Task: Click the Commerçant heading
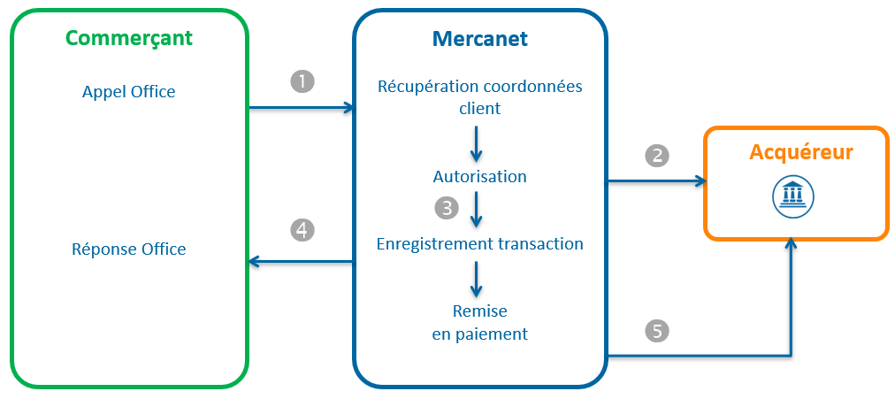(129, 38)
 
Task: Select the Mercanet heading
(479, 38)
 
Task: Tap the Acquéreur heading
(801, 152)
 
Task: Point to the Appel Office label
(128, 92)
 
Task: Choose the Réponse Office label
(128, 249)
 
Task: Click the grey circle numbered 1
(302, 81)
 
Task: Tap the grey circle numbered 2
(657, 156)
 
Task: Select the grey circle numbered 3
(447, 208)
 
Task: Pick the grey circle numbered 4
(302, 230)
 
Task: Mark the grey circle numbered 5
(657, 332)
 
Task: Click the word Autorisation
(479, 176)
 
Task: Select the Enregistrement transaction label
(479, 243)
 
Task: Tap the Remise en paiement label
(479, 322)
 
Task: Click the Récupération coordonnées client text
(479, 97)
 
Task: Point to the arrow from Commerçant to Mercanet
(301, 108)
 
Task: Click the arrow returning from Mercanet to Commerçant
(301, 261)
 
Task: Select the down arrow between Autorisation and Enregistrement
(478, 210)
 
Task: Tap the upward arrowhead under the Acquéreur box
(792, 247)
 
